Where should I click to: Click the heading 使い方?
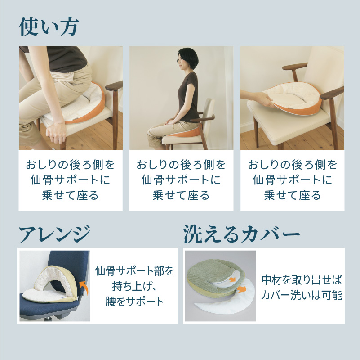point(49,27)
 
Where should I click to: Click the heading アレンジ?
point(55,234)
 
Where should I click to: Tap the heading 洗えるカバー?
point(241,234)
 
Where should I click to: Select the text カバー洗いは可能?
point(302,295)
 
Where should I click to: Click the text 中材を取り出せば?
point(302,280)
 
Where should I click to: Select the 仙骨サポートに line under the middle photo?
point(181,180)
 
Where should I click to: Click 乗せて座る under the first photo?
point(70,195)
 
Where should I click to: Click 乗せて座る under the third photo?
point(293,195)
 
